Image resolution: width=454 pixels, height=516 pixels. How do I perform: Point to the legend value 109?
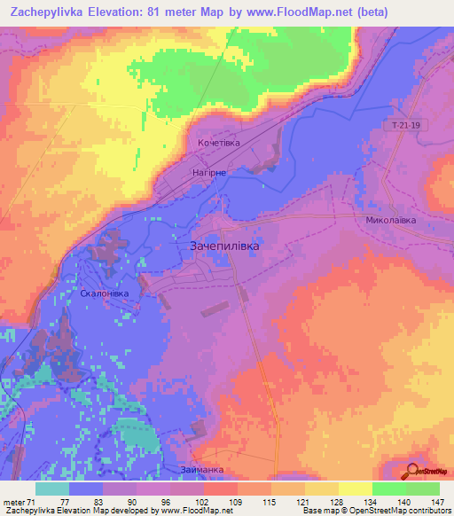coord(237,502)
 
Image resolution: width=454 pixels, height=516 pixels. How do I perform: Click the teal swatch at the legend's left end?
coord(52,489)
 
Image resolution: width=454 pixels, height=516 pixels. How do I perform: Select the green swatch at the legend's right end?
coord(422,489)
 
